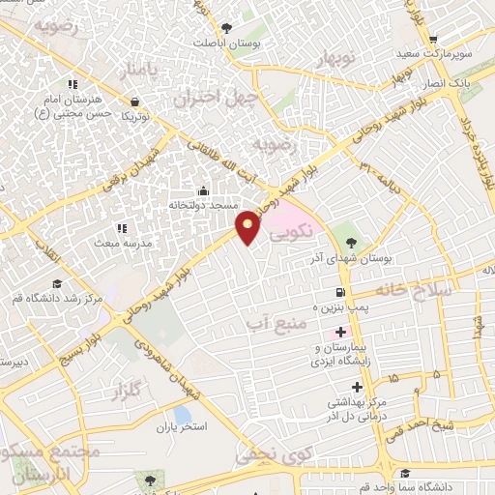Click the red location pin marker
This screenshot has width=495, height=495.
tap(249, 227)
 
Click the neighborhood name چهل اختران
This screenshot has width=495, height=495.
tap(213, 98)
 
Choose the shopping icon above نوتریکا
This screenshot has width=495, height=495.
tap(133, 100)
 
